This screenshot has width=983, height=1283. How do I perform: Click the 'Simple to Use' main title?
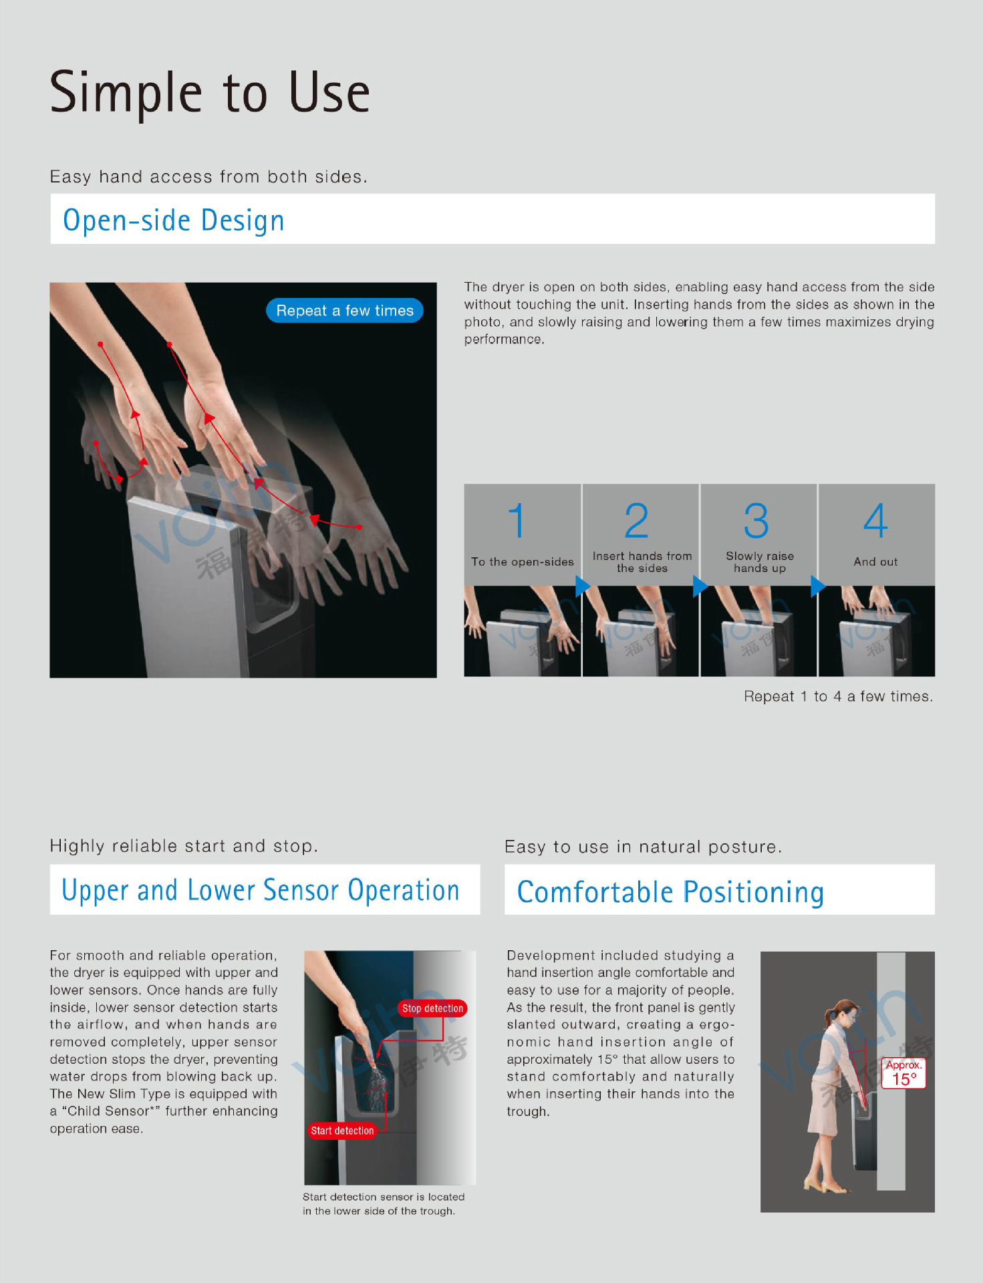tap(210, 93)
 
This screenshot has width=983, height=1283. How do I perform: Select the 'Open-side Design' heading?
tap(174, 221)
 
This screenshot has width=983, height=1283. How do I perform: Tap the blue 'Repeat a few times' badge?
tap(345, 311)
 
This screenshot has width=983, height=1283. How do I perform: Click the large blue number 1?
tap(517, 521)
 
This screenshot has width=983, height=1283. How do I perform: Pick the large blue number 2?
tap(637, 521)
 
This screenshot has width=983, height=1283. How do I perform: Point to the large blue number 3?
tap(756, 521)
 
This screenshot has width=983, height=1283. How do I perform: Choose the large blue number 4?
tap(875, 521)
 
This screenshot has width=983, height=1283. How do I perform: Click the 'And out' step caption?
tap(875, 562)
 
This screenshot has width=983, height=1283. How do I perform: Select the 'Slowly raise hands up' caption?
tap(760, 562)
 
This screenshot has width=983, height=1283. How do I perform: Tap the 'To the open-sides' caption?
tap(523, 562)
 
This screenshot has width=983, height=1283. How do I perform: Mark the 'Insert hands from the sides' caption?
tap(642, 562)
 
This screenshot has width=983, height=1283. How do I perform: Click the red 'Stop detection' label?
tap(432, 1008)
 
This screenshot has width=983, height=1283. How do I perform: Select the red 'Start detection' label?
tap(342, 1131)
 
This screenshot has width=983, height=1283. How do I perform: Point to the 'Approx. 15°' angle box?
tap(904, 1073)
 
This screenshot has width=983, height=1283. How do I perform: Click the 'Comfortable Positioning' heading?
tap(670, 893)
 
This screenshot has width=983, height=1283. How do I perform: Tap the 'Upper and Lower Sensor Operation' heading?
tap(261, 891)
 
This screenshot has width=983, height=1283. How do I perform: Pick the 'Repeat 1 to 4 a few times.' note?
tap(839, 696)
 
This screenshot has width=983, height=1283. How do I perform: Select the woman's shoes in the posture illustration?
tap(826, 1186)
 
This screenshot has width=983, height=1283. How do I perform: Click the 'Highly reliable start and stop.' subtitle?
tap(184, 846)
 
